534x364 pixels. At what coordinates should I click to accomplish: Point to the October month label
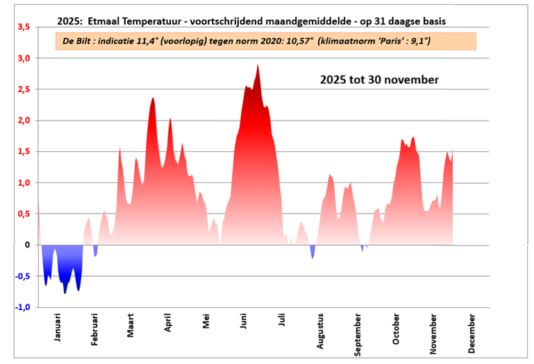397,330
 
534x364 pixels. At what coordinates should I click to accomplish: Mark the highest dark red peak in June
258,66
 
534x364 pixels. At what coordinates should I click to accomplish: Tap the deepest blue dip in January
65,293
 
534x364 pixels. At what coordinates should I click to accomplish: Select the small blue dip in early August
312,257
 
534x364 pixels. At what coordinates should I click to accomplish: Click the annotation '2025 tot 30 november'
379,80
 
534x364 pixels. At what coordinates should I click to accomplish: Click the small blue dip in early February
95,254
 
